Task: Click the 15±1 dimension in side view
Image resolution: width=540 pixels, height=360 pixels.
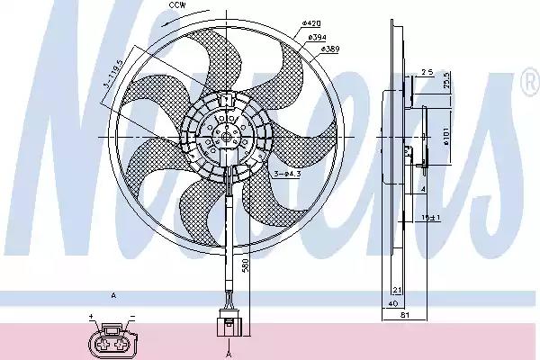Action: tap(432, 216)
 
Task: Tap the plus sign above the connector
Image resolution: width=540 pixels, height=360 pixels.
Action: tap(90, 316)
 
